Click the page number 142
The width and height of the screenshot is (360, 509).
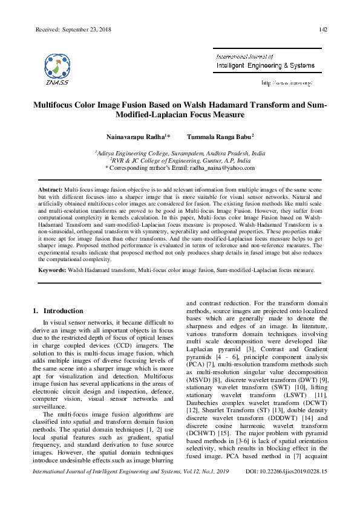pyautogui.click(x=324, y=30)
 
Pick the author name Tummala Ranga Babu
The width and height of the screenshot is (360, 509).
pyautogui.click(x=219, y=137)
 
